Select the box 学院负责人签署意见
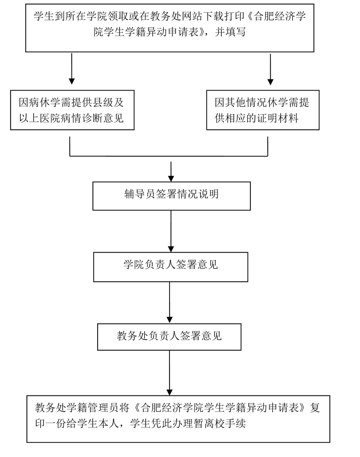170,266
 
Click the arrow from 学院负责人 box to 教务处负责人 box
170,303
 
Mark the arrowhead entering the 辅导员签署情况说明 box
171,177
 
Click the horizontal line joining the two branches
170,156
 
